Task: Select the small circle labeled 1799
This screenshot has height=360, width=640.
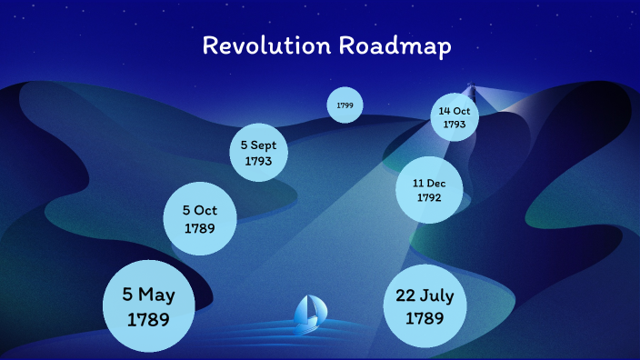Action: coord(345,105)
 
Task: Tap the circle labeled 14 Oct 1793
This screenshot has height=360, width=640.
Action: coord(454,117)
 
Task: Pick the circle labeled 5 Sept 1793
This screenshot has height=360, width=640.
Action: coord(265,152)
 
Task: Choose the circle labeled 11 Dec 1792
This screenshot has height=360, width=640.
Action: coord(429,189)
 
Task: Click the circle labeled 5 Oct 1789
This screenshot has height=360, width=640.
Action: coord(199,219)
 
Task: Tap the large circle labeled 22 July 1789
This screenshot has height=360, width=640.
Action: coord(425,307)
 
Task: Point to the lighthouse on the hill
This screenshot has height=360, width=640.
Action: coord(471,91)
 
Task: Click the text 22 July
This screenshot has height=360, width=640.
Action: coord(425,296)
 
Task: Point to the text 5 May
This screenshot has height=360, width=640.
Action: coord(149,295)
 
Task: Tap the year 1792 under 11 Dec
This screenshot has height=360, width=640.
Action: coord(429,197)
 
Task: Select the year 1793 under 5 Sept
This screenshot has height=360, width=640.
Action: coord(265,161)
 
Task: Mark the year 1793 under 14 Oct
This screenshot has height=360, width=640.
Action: coord(454,125)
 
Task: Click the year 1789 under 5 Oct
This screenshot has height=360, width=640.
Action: coord(199,228)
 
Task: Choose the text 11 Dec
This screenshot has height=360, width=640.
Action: coord(429,182)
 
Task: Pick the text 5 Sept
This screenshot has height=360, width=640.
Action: coord(265,145)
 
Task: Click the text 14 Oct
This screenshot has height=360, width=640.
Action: coord(454,111)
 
